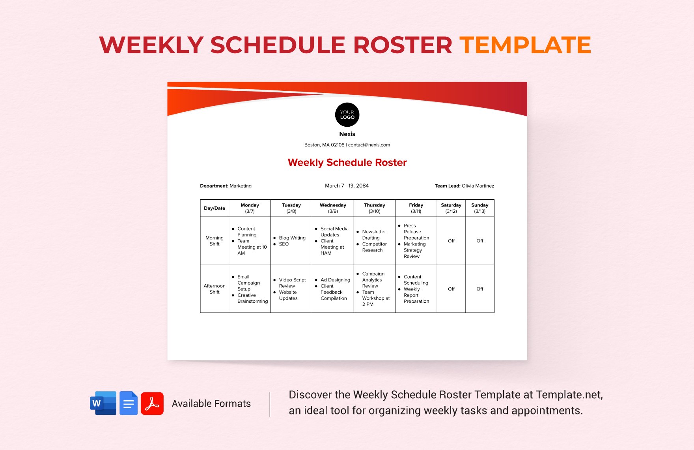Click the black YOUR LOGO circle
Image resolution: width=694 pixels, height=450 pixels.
[347, 114]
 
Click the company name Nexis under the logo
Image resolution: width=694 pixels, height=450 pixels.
[347, 134]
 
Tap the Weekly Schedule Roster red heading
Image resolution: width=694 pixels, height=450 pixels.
[347, 163]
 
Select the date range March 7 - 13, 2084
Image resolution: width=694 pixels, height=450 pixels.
[347, 186]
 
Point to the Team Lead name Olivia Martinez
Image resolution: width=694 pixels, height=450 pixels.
[478, 186]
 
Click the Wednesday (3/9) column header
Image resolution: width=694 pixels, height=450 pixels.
[333, 208]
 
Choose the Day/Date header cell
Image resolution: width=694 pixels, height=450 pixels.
[215, 208]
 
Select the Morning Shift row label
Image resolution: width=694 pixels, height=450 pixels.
[215, 241]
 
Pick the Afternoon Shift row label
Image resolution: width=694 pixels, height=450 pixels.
[215, 289]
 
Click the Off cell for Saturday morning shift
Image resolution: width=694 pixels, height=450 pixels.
[451, 241]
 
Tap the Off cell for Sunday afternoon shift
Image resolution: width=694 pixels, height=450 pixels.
[479, 289]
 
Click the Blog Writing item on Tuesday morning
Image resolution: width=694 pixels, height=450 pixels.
[292, 238]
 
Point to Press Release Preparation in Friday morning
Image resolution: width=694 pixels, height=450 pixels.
[416, 232]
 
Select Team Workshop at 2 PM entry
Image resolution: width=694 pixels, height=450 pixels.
[375, 298]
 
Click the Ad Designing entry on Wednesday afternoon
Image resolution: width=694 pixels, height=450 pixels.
[335, 280]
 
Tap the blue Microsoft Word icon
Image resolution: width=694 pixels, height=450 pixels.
[103, 403]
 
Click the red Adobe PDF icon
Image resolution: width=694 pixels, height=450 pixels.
[152, 403]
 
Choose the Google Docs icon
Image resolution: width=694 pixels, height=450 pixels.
[129, 403]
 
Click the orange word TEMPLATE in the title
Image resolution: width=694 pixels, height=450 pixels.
[525, 45]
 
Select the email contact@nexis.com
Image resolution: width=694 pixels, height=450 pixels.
[369, 145]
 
